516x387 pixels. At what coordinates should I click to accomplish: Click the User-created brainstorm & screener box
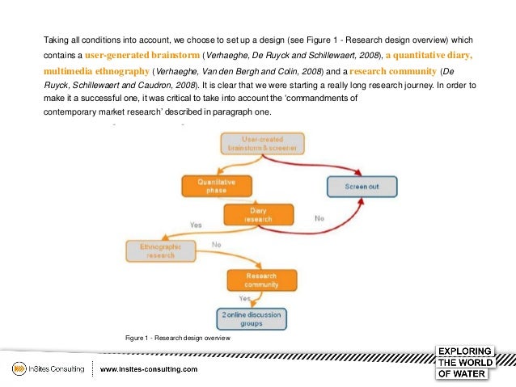[x=262, y=144]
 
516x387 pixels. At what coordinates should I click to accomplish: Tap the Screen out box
[x=362, y=187]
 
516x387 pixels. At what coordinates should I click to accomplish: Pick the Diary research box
[x=258, y=214]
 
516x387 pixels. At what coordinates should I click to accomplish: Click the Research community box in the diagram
[x=262, y=280]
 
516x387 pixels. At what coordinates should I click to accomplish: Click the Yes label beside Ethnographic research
[x=196, y=225]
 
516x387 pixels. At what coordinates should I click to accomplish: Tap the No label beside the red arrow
[x=319, y=218]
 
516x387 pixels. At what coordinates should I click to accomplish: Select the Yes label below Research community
[x=243, y=298]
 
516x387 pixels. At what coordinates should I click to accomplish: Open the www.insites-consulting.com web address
[x=149, y=369]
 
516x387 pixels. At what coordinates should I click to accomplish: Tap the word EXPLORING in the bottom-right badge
[x=464, y=351]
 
